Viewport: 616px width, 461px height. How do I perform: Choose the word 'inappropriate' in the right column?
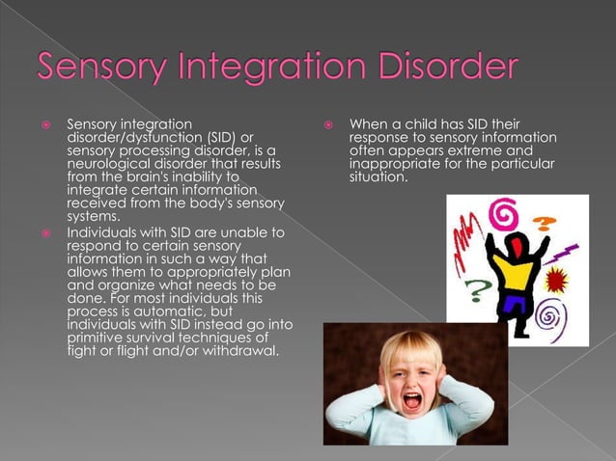pos(394,164)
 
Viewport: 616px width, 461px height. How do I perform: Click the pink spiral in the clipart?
pos(502,212)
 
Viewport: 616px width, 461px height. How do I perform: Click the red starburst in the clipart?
pos(557,281)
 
